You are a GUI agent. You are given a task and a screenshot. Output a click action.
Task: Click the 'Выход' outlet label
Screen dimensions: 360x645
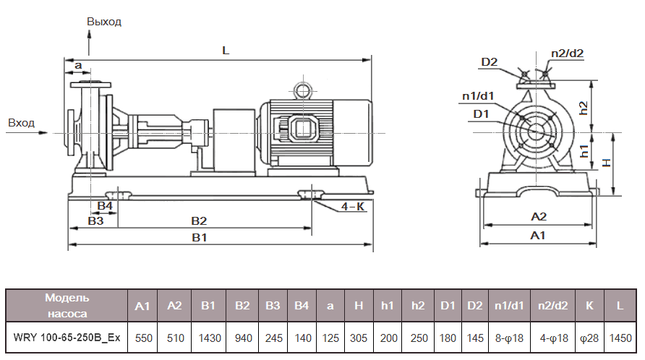point(104,21)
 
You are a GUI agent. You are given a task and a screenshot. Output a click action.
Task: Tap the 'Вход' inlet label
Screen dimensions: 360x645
point(21,123)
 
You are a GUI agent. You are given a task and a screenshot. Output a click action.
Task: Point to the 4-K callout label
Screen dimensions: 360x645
point(353,207)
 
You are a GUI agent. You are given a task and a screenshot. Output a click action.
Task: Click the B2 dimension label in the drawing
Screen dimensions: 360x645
point(199,220)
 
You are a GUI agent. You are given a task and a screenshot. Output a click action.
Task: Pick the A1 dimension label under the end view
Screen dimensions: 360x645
point(538,236)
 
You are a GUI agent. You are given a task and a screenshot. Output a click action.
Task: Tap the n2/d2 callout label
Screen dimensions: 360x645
point(567,53)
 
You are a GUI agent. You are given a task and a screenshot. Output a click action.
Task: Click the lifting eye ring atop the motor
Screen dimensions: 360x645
point(302,90)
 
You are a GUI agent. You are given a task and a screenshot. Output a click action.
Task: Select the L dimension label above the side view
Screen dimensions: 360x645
point(226,51)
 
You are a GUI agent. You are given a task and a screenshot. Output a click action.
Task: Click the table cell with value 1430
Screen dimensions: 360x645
point(209,338)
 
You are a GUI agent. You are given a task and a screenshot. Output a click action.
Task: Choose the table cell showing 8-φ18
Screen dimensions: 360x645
point(510,338)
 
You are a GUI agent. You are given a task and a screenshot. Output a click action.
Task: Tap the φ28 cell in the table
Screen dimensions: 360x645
point(589,338)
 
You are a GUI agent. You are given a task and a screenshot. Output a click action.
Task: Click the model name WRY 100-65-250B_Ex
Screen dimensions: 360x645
point(67,338)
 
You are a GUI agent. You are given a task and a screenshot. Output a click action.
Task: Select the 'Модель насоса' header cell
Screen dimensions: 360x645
point(67,305)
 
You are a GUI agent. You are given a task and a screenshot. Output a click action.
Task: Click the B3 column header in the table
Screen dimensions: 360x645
point(272,306)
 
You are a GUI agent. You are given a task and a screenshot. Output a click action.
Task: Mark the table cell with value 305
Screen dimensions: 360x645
point(358,338)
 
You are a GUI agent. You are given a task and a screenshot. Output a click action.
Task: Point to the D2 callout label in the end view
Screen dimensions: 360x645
point(490,62)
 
